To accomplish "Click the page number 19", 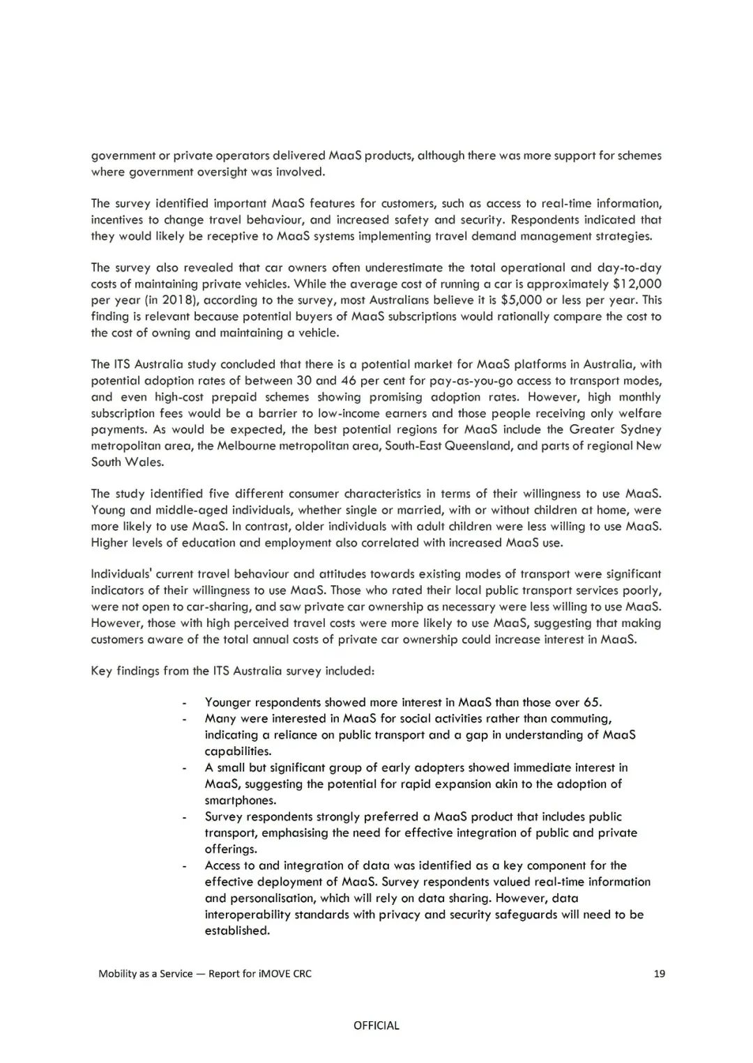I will tap(659, 973).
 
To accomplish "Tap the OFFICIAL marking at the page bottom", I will tap(376, 1025).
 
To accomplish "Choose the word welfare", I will tap(639, 413).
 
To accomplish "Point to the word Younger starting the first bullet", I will tap(227, 702).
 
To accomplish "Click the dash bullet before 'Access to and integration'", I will tap(184, 866).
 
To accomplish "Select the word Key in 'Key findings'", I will tap(101, 671).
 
